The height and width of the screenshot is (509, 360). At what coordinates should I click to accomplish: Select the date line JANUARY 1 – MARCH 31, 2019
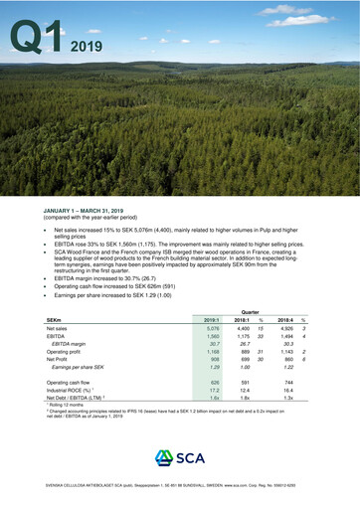coord(90,211)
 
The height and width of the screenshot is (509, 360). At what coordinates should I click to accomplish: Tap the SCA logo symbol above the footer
coord(162,457)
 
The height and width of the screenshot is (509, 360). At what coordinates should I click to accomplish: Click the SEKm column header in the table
coord(57,320)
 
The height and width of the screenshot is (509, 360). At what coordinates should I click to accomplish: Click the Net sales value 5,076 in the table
coord(211,329)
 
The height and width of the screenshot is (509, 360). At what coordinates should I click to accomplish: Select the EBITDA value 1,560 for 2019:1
coord(211,339)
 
